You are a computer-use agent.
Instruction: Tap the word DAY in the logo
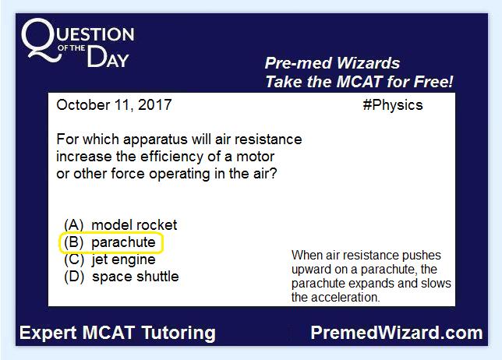[108, 58]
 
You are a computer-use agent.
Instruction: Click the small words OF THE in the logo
[72, 48]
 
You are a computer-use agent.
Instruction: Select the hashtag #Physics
[393, 105]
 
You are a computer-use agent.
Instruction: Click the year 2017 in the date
[155, 105]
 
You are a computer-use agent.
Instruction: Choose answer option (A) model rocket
[120, 225]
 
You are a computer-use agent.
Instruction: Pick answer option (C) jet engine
[109, 259]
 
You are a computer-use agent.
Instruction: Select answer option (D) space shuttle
[122, 277]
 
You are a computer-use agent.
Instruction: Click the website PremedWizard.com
[397, 333]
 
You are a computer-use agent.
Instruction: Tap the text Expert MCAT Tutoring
[118, 333]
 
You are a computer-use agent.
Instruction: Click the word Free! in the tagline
[433, 82]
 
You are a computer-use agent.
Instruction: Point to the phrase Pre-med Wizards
[332, 63]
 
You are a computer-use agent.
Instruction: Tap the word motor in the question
[255, 157]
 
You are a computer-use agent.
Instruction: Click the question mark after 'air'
[274, 174]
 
